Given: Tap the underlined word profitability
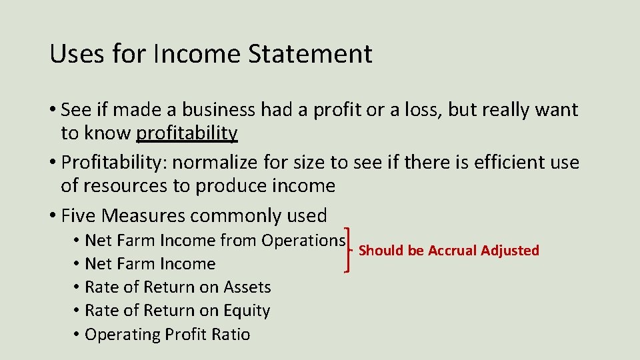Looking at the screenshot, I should click(x=187, y=133).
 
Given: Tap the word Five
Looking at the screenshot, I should click(x=79, y=215).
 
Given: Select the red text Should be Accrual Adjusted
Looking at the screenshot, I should click(x=449, y=251).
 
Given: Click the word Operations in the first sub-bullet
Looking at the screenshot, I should click(x=303, y=240).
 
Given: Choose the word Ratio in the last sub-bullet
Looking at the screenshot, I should click(x=231, y=334).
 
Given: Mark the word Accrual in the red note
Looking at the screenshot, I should click(x=452, y=251).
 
